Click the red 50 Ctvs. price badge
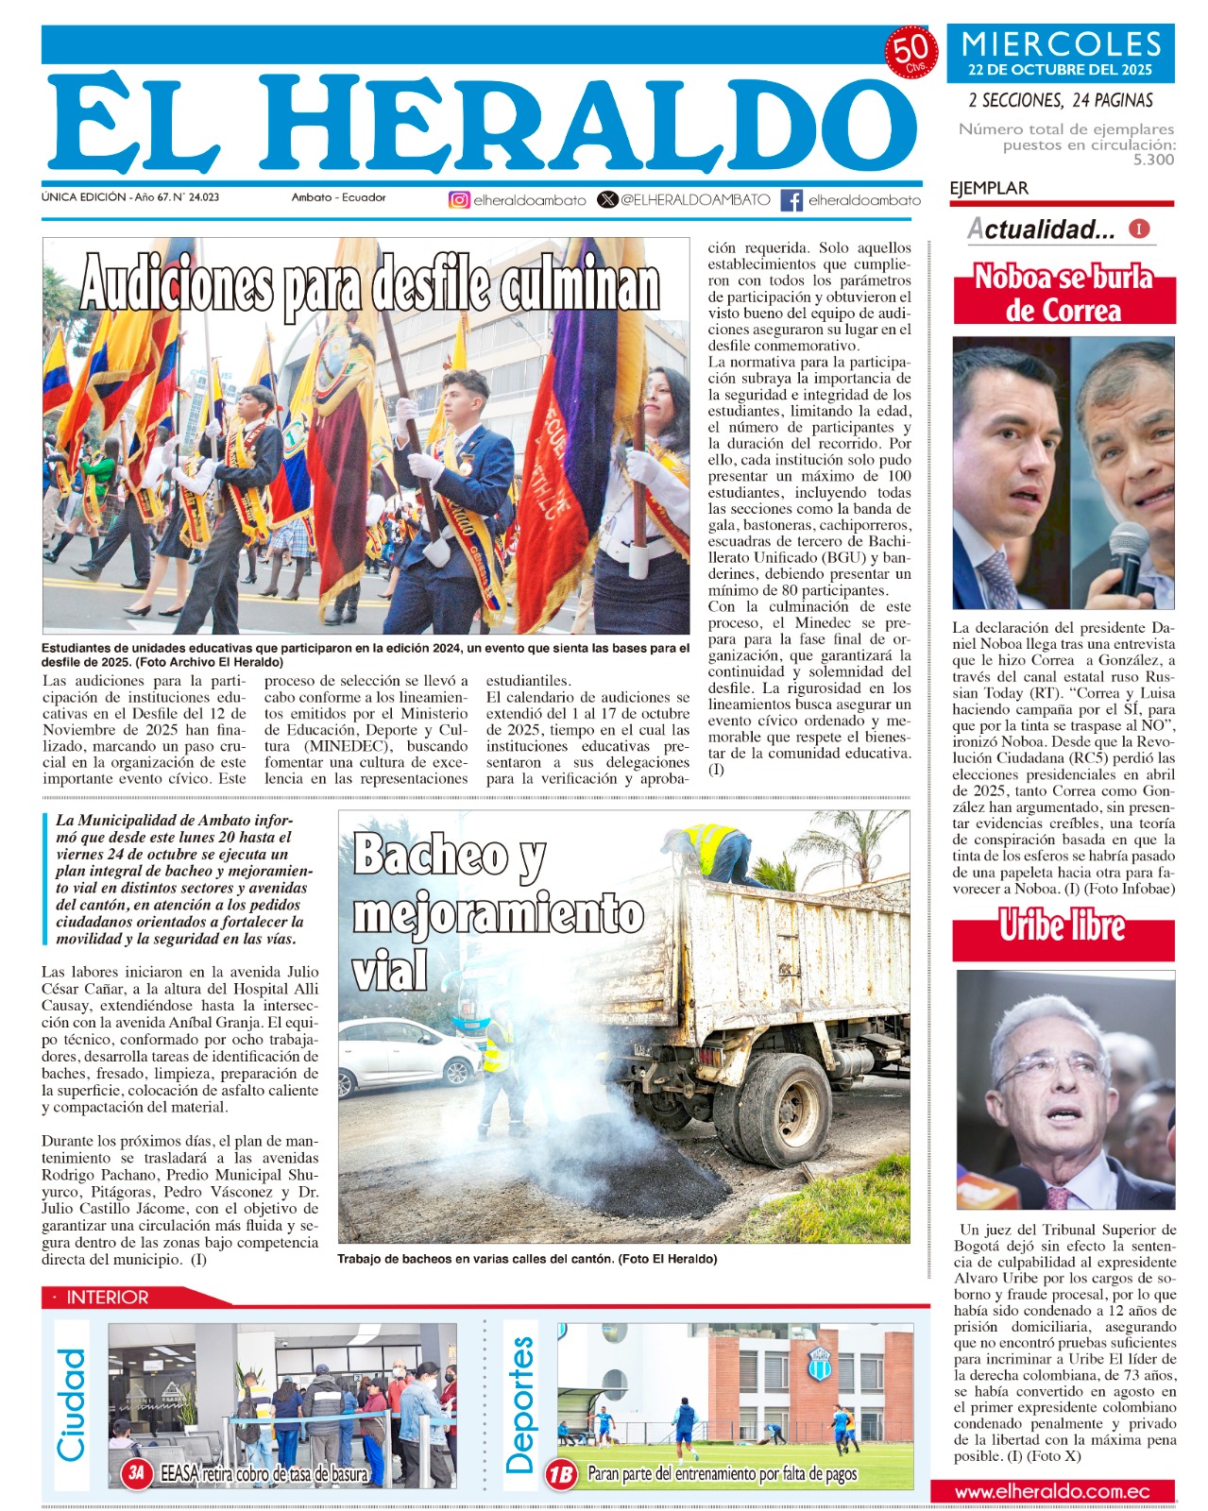coord(910,54)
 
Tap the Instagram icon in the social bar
coord(459,200)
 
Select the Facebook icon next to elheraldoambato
coord(791,200)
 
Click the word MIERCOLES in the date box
coord(1061,44)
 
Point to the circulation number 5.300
coord(1153,160)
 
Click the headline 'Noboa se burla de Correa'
coord(1063,294)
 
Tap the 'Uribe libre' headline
coord(1063,926)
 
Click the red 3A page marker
coord(138,1472)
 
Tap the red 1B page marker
coord(561,1473)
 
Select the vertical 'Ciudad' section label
coord(72,1404)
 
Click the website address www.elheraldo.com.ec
coord(1051,1492)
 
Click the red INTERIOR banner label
coord(107,1298)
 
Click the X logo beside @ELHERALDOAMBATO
coord(607,200)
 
